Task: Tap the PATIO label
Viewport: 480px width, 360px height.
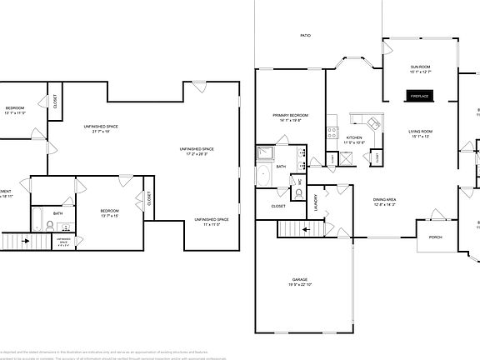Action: (x=306, y=36)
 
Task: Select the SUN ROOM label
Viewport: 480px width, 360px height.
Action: (x=419, y=67)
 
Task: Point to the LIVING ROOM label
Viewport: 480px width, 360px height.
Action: (x=419, y=132)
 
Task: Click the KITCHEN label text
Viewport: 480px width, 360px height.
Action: (x=354, y=137)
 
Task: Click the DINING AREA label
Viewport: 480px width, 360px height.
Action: (x=385, y=199)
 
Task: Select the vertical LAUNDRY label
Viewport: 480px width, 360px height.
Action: (x=317, y=202)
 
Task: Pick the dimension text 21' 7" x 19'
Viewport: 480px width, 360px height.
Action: (x=100, y=130)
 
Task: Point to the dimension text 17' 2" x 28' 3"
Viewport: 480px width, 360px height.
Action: (x=197, y=152)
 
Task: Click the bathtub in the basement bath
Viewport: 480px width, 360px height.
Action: (x=38, y=220)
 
